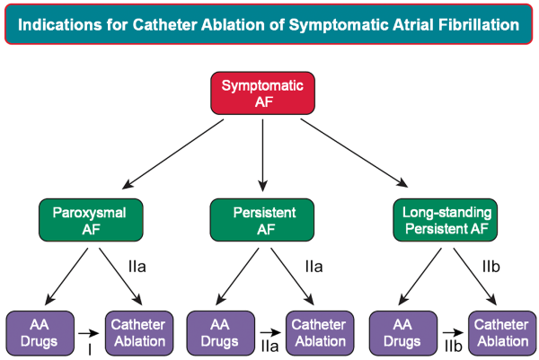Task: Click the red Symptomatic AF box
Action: [262, 93]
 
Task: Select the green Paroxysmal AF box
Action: [91, 220]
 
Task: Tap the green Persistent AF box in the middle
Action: [262, 220]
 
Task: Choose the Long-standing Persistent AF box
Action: [446, 220]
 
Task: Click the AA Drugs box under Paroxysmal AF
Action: [40, 333]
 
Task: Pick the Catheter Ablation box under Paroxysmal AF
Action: [139, 333]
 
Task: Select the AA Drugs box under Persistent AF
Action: [221, 333]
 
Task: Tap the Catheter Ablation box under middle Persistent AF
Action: [320, 333]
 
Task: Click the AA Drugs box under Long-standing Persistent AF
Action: [403, 333]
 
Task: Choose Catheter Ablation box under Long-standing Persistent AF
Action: [502, 333]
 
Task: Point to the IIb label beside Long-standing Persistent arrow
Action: [490, 267]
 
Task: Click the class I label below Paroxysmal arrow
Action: [90, 350]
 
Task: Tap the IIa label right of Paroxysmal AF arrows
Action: [137, 267]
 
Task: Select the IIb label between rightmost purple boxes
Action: [453, 347]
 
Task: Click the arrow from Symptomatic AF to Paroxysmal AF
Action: [172, 154]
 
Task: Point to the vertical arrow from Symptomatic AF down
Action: [262, 155]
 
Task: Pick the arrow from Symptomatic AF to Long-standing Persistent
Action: [354, 153]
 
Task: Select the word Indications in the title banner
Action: [60, 25]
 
